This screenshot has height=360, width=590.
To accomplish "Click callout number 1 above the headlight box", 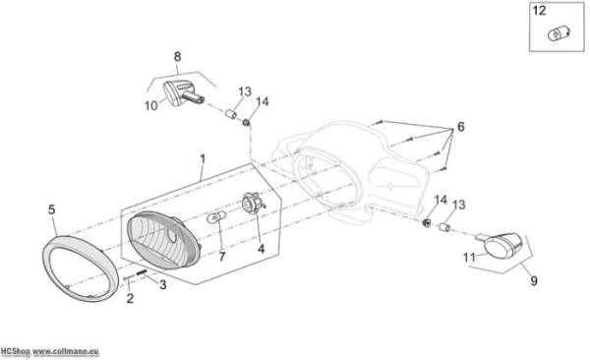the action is pyautogui.click(x=203, y=159).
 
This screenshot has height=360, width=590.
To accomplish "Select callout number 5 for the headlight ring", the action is pyautogui.click(x=51, y=210).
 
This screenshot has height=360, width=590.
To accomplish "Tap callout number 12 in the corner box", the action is pyautogui.click(x=539, y=11).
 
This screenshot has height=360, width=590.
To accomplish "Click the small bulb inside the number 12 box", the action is pyautogui.click(x=559, y=33).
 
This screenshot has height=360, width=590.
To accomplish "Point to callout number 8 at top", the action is pyautogui.click(x=177, y=56).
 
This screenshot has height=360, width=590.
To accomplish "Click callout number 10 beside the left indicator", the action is pyautogui.click(x=150, y=106).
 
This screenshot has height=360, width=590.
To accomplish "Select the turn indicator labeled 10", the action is pyautogui.click(x=183, y=93).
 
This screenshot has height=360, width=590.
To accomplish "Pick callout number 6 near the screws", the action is pyautogui.click(x=461, y=127).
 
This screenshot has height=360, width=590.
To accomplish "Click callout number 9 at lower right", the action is pyautogui.click(x=534, y=280).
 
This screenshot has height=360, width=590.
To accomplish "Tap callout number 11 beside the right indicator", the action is pyautogui.click(x=469, y=258).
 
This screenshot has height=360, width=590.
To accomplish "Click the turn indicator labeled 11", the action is pyautogui.click(x=501, y=246).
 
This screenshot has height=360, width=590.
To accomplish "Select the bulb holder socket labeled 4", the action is pyautogui.click(x=253, y=203).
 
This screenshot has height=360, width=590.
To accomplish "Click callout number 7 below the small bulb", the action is pyautogui.click(x=221, y=257).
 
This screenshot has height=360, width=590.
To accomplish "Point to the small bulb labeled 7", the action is pyautogui.click(x=216, y=217).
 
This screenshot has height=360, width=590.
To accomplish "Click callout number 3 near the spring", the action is pyautogui.click(x=162, y=284).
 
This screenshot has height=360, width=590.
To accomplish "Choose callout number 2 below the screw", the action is pyautogui.click(x=130, y=298).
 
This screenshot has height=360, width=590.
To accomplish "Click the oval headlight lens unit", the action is pyautogui.click(x=164, y=240).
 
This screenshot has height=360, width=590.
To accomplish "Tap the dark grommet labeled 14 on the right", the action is pyautogui.click(x=427, y=223).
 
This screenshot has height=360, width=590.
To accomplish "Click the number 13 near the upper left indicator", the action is pyautogui.click(x=245, y=91).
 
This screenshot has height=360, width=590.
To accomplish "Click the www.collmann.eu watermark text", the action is pyautogui.click(x=66, y=352).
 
